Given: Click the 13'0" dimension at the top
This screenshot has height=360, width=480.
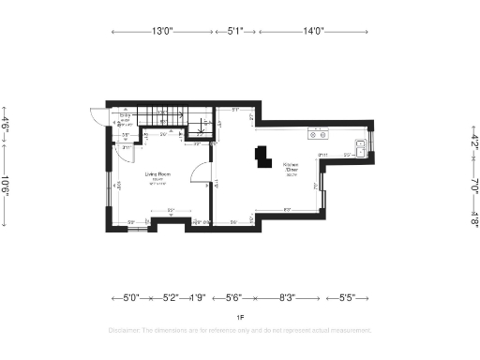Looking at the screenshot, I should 162,31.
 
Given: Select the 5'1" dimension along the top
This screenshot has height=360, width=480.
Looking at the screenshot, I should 235,31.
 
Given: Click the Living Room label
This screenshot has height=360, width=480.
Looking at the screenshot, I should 157,175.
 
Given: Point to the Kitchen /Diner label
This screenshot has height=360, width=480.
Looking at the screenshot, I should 292,168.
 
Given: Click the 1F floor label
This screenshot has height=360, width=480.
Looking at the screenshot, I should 240,318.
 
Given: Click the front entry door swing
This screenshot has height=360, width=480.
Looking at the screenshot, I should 97,117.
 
